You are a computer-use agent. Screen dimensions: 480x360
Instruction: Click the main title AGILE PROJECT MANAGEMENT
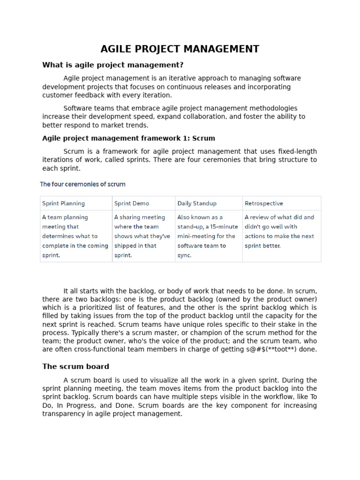tap(180, 49)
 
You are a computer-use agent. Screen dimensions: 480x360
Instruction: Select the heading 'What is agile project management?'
tap(113, 65)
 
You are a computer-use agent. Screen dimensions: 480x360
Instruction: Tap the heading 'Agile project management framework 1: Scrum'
tap(128, 138)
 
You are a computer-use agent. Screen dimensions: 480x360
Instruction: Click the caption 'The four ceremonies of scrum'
tap(82, 184)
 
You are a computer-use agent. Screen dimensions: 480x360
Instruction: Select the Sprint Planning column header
tap(64, 203)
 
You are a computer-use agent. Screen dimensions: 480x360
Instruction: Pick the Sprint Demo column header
tap(132, 203)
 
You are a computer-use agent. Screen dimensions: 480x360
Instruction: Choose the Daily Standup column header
tap(197, 203)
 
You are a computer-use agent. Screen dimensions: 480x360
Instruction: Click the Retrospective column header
tap(264, 203)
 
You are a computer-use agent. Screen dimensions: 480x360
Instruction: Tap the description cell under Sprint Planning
tap(75, 236)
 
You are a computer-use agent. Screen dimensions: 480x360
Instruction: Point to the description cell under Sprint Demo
tap(142, 236)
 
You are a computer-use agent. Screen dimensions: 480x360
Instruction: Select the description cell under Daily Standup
tap(208, 236)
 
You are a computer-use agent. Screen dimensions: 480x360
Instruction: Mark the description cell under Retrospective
tap(280, 231)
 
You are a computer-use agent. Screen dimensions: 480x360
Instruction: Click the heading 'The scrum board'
tap(75, 367)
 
